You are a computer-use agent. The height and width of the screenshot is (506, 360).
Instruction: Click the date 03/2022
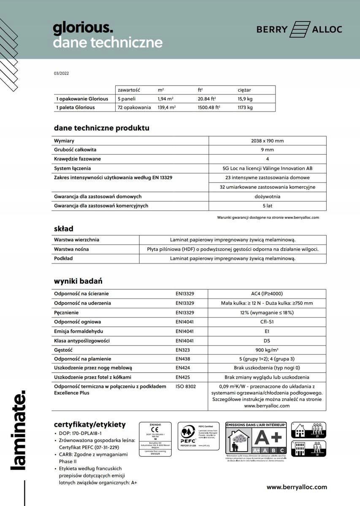pyautogui.click(x=61, y=73)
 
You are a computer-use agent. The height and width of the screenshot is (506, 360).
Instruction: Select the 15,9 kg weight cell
pyautogui.click(x=245, y=99)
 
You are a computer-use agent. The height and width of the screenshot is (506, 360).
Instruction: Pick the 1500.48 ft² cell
pyautogui.click(x=209, y=108)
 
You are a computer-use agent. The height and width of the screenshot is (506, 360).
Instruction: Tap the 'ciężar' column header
pyautogui.click(x=244, y=90)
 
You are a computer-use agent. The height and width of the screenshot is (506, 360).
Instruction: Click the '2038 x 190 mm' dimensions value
pyautogui.click(x=267, y=141)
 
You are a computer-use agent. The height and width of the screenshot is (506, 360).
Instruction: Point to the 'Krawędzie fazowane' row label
pyautogui.click(x=77, y=159)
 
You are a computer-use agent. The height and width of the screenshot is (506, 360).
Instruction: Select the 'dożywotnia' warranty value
pyautogui.click(x=267, y=196)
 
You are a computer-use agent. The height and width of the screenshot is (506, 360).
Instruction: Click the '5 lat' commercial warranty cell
pyautogui.click(x=267, y=206)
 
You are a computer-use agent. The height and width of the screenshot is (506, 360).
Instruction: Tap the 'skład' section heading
pyautogui.click(x=63, y=229)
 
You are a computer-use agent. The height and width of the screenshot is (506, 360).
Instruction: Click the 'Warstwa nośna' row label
pyautogui.click(x=71, y=249)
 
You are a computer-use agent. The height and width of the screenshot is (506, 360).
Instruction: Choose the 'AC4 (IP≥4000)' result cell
pyautogui.click(x=267, y=293)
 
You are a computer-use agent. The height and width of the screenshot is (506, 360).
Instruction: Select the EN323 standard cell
pyautogui.click(x=183, y=350)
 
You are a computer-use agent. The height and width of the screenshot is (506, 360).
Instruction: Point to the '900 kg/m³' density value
pyautogui.click(x=267, y=350)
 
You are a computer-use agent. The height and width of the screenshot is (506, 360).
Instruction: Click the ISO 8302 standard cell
pyautogui.click(x=186, y=386)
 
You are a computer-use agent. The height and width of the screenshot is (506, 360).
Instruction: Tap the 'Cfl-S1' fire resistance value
pyautogui.click(x=267, y=322)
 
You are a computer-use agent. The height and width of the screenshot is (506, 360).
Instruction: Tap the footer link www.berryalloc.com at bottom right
pyautogui.click(x=297, y=487)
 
